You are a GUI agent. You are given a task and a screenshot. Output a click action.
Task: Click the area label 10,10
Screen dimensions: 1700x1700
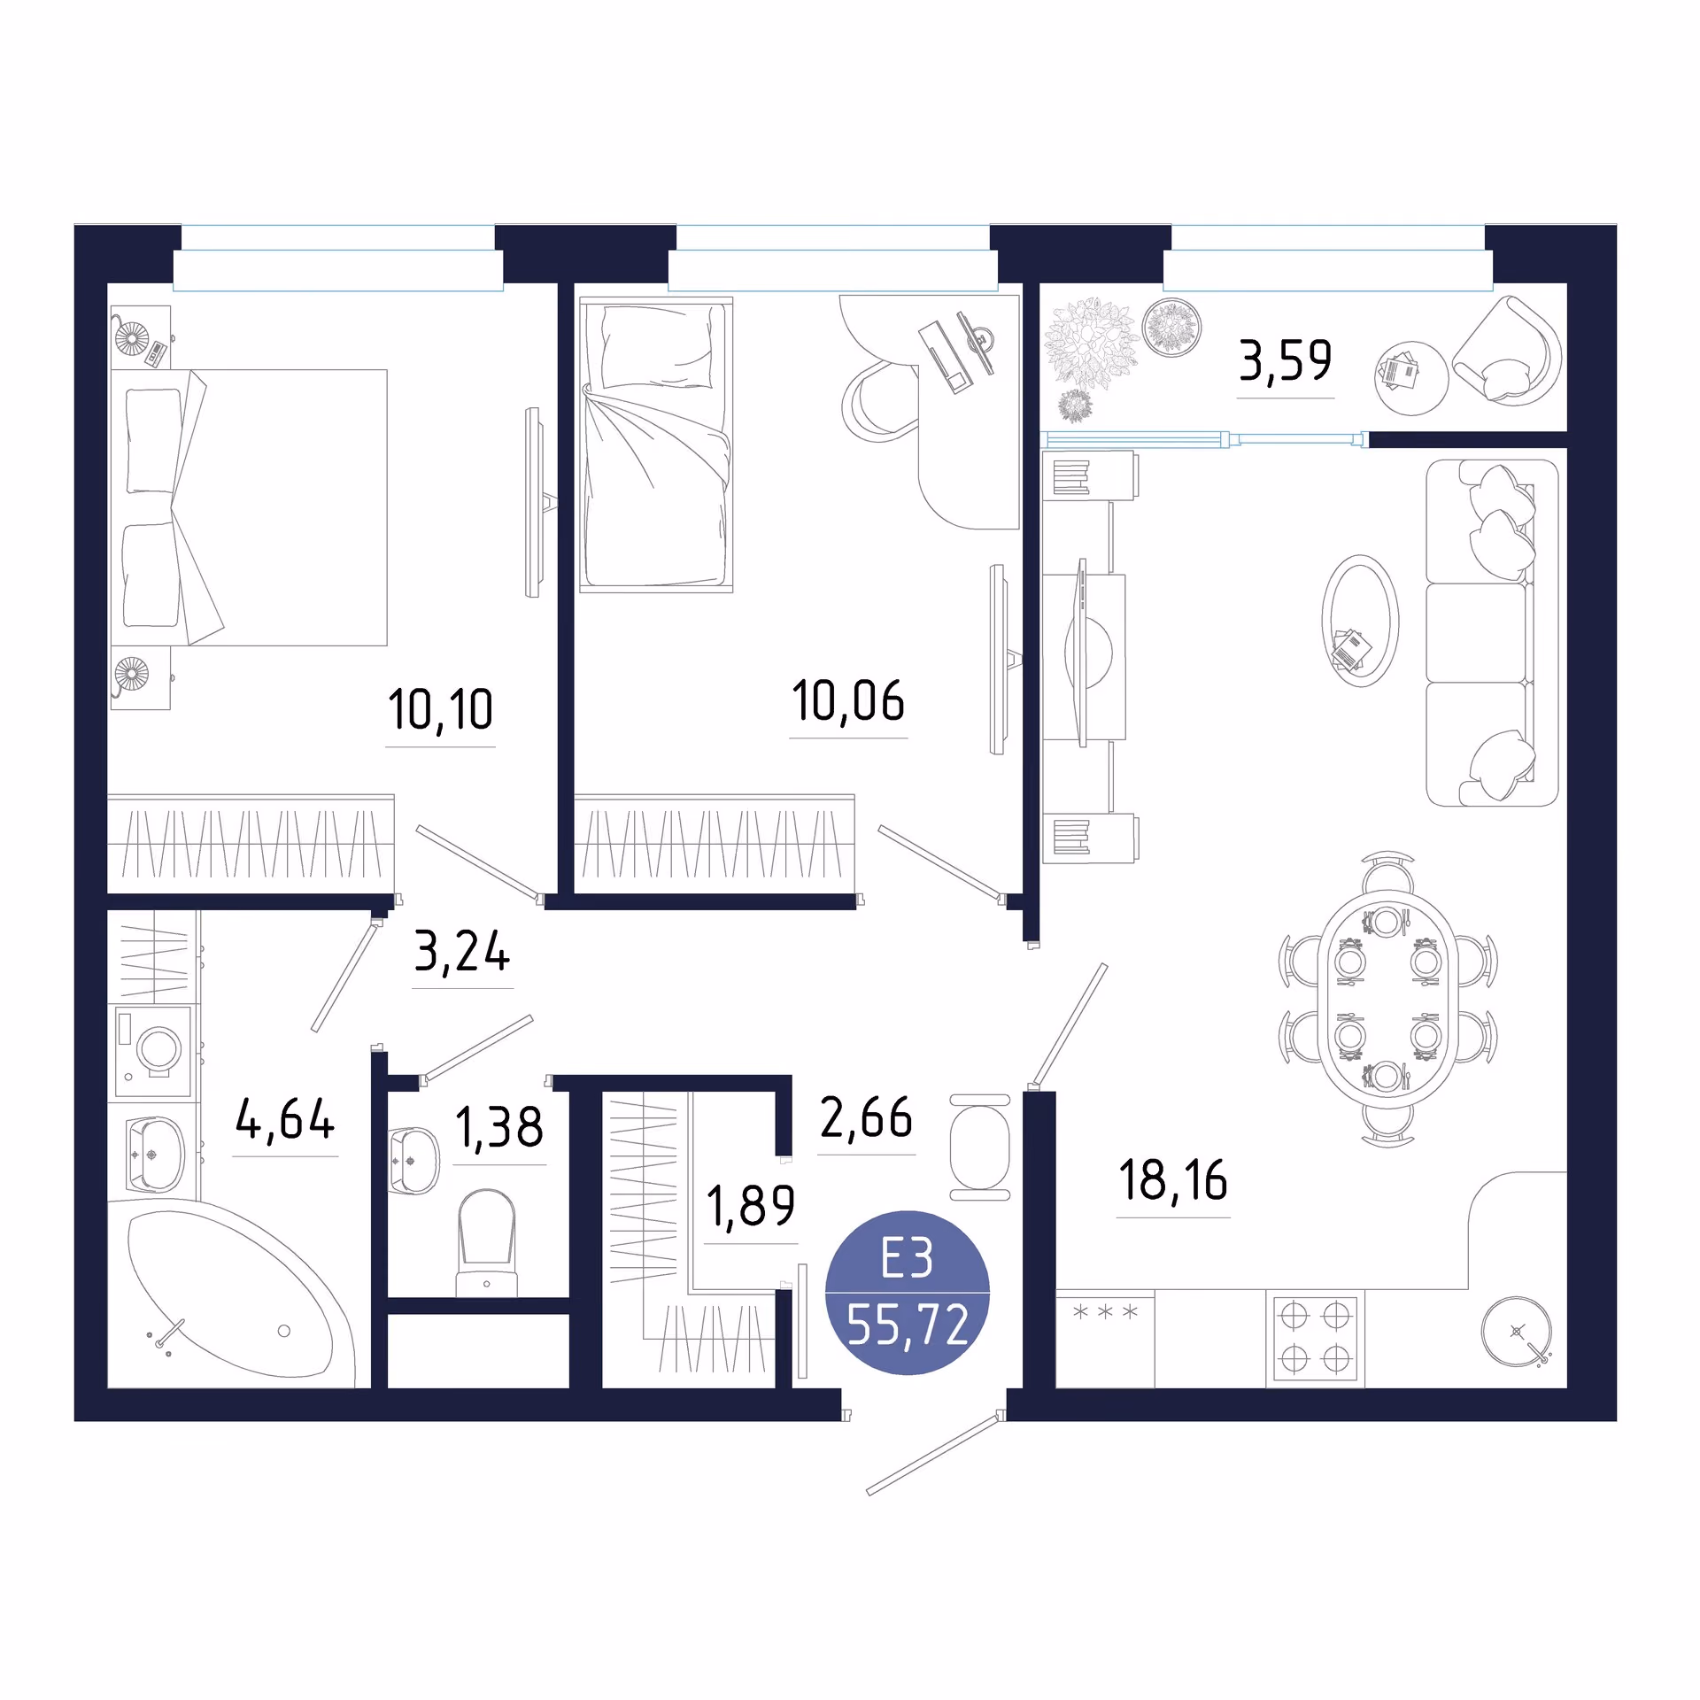point(440,709)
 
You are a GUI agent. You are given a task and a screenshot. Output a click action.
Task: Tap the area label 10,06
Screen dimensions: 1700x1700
point(848,700)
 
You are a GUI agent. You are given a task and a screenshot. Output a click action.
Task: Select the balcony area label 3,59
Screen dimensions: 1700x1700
point(1285,360)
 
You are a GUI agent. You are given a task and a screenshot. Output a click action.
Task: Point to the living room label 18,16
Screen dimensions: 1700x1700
point(1173,1180)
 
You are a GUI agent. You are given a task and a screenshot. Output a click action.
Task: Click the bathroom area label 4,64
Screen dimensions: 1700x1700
point(285,1119)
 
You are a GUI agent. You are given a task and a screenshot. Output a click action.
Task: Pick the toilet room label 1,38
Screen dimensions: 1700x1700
point(499,1128)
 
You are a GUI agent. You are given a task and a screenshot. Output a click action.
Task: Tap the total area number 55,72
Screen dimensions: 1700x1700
point(908,1325)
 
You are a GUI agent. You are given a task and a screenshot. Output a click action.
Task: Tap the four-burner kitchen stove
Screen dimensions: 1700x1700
point(1315,1338)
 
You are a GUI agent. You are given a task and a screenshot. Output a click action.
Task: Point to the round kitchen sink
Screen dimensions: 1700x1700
point(1517,1331)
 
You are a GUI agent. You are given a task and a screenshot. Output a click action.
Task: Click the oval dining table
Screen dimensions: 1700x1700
point(1387,999)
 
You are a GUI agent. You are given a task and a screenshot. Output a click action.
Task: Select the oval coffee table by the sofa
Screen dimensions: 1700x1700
point(1360,621)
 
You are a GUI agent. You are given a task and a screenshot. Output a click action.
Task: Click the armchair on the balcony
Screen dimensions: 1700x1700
point(1506,351)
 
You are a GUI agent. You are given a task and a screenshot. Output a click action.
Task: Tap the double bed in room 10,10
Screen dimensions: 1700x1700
point(249,507)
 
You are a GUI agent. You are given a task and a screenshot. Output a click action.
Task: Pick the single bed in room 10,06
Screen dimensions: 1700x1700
point(656,444)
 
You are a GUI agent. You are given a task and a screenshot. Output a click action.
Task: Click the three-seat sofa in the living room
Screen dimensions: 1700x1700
point(1492,633)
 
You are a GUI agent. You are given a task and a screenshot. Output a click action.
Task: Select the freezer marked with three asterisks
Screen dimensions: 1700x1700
point(1105,1338)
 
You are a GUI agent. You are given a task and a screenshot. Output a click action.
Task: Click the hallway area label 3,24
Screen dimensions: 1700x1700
point(462,952)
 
